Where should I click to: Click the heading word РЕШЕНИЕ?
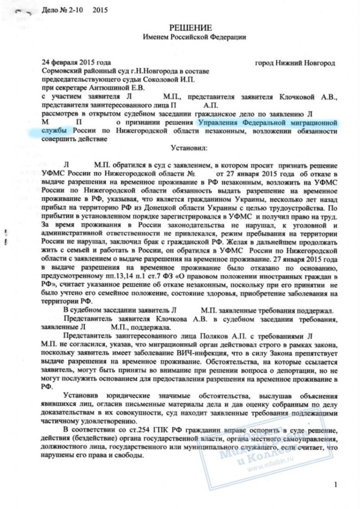point(184,28)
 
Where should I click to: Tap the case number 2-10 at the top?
point(81,9)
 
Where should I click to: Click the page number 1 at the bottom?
point(335,484)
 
